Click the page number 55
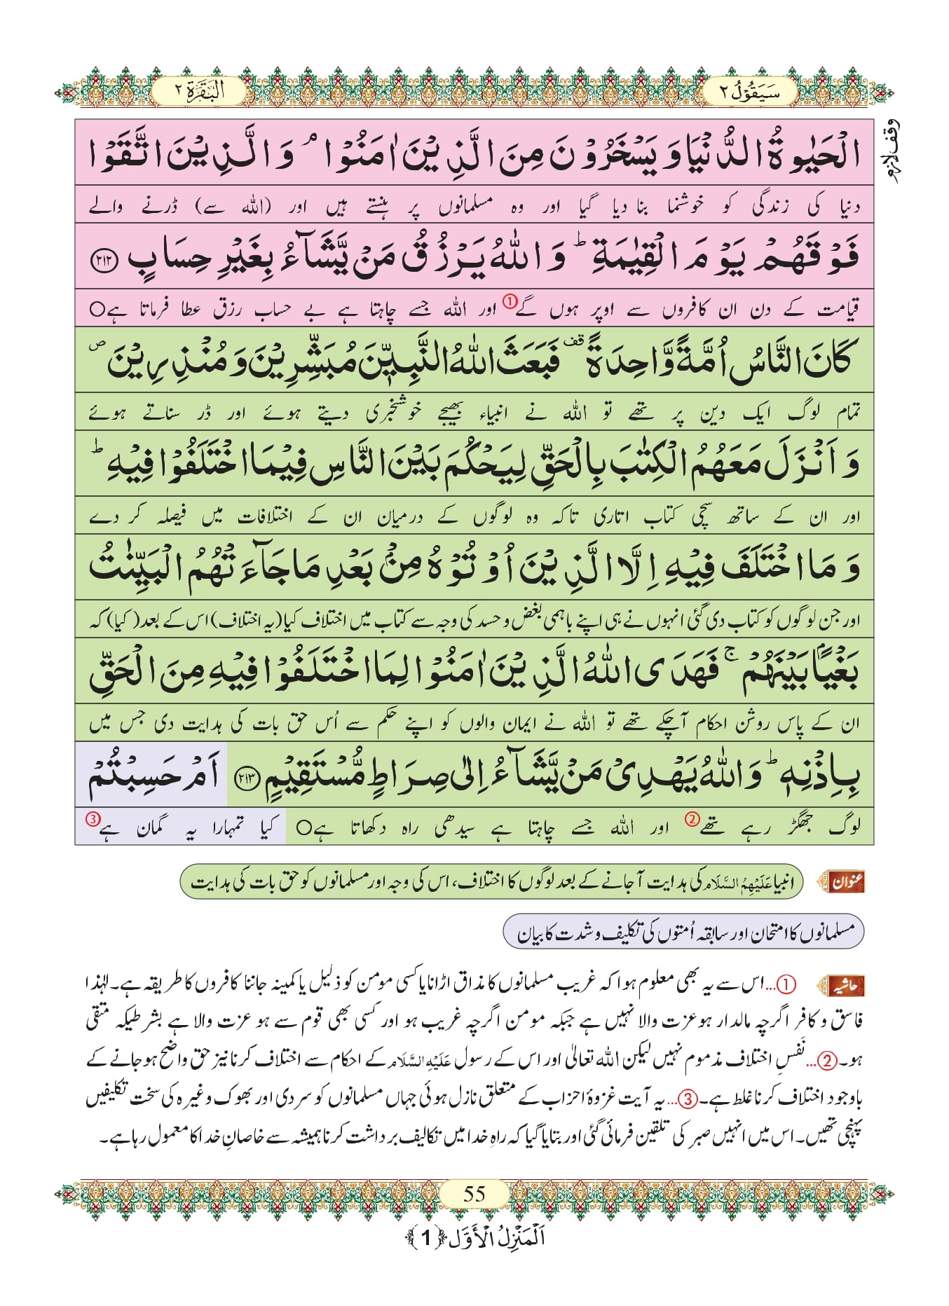474,1193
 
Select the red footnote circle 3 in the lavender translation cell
92,818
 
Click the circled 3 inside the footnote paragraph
689,1099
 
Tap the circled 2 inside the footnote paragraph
828,1061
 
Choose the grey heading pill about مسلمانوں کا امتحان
683,932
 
